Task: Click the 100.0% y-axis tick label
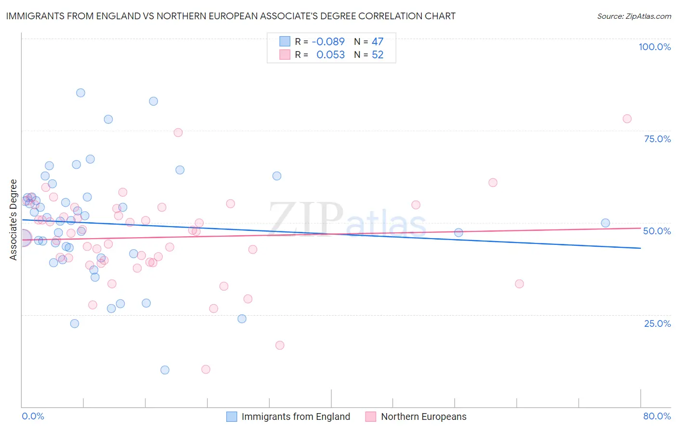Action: pos(654,47)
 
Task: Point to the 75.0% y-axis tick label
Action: pos(657,139)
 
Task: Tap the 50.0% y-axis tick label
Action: pos(657,231)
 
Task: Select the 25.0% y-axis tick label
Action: pos(657,323)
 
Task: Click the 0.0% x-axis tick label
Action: pos(33,416)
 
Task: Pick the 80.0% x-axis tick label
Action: pos(657,416)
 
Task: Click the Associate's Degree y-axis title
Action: pos(13,220)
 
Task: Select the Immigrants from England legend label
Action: pos(296,417)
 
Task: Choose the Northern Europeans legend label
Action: pos(424,417)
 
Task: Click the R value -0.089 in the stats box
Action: pos(328,42)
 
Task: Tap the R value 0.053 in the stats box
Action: pos(330,55)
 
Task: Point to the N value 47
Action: pos(378,42)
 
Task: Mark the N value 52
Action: pos(378,55)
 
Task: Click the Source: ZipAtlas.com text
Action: pos(634,16)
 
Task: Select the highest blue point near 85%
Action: pos(80,93)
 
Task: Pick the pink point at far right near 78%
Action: pos(627,119)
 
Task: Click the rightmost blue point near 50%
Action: pos(605,223)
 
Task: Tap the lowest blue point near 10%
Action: pos(165,370)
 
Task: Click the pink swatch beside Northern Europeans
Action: pos(370,417)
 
